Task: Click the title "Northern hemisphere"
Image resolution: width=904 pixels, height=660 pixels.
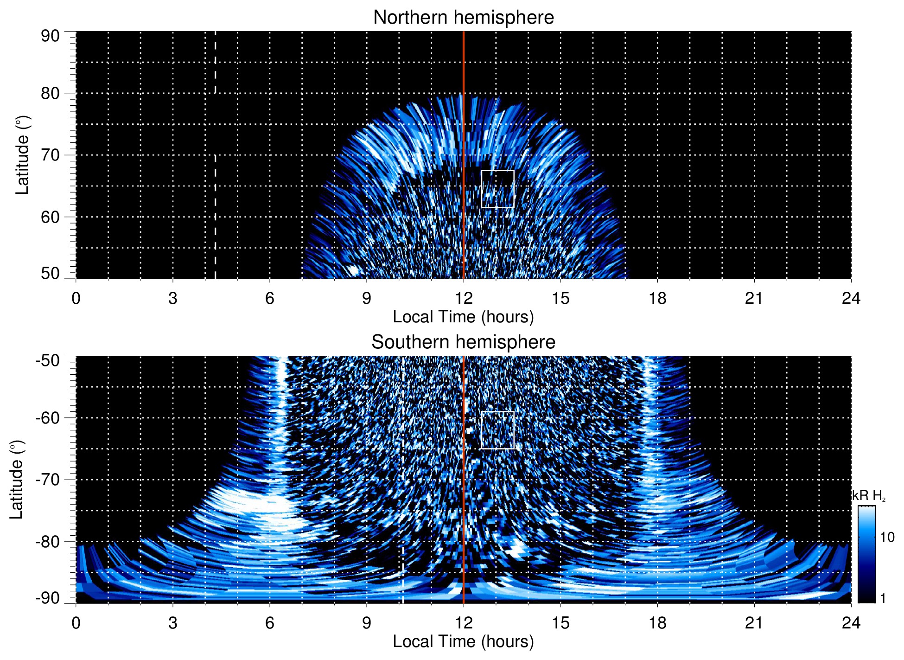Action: pos(463,18)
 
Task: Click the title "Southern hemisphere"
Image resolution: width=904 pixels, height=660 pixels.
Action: pos(463,342)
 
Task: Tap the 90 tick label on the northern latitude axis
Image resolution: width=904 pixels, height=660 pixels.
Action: pos(50,36)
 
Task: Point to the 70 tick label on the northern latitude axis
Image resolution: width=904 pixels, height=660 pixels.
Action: pos(50,155)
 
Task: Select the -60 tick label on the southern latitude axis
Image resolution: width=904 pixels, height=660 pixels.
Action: pos(48,417)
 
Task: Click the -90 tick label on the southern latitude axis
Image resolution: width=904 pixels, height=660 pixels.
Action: pos(48,598)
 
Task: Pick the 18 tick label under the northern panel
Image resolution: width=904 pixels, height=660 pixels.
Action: pos(657,298)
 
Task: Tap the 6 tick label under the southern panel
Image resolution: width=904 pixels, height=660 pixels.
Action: pos(269,623)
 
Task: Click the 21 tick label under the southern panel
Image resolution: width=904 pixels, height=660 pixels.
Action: pos(754,623)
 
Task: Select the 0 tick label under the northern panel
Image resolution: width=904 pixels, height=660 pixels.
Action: pos(76,298)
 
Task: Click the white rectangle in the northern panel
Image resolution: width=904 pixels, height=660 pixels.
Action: pos(498,189)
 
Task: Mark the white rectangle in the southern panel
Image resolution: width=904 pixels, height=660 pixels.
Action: pos(498,430)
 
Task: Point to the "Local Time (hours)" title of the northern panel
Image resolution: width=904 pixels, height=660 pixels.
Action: pos(463,317)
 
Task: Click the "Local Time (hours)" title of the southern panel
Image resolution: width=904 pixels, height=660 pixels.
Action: pos(463,641)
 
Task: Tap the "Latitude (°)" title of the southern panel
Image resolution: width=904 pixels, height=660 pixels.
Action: pos(17,480)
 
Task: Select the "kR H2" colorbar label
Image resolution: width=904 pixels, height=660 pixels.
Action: pos(869,496)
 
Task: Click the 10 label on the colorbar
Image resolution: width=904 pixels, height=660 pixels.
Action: pos(887,538)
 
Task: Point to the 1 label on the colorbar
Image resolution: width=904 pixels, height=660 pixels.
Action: pos(883,598)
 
